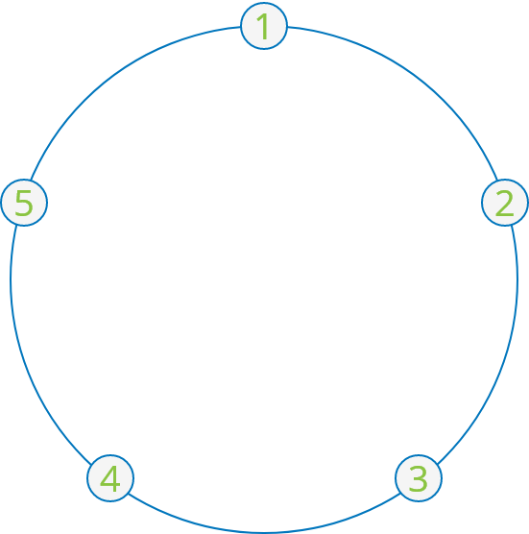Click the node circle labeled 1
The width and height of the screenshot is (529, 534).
(x=264, y=26)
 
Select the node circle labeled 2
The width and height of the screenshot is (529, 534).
(x=505, y=203)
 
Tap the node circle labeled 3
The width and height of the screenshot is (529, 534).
(x=419, y=478)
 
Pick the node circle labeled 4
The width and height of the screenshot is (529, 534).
(x=110, y=478)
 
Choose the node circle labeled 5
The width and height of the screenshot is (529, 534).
(x=24, y=203)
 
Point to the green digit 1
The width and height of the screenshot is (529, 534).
(x=263, y=27)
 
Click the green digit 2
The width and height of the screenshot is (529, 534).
(x=504, y=203)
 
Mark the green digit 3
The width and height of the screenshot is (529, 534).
(x=418, y=478)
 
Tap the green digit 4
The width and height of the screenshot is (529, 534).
(x=110, y=478)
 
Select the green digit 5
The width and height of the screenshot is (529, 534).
(x=24, y=204)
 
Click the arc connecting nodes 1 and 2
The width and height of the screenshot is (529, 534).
(x=414, y=75)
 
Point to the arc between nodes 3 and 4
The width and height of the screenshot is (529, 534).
(x=264, y=533)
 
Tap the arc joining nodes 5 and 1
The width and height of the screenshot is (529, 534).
(x=114, y=75)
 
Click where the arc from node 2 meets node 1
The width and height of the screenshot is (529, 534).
(x=288, y=28)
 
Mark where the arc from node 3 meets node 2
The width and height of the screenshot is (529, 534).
(x=512, y=226)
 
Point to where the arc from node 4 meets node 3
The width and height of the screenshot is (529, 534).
(x=400, y=494)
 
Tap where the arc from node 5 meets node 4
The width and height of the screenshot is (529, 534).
(x=91, y=464)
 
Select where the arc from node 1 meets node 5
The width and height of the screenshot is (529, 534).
(x=31, y=181)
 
